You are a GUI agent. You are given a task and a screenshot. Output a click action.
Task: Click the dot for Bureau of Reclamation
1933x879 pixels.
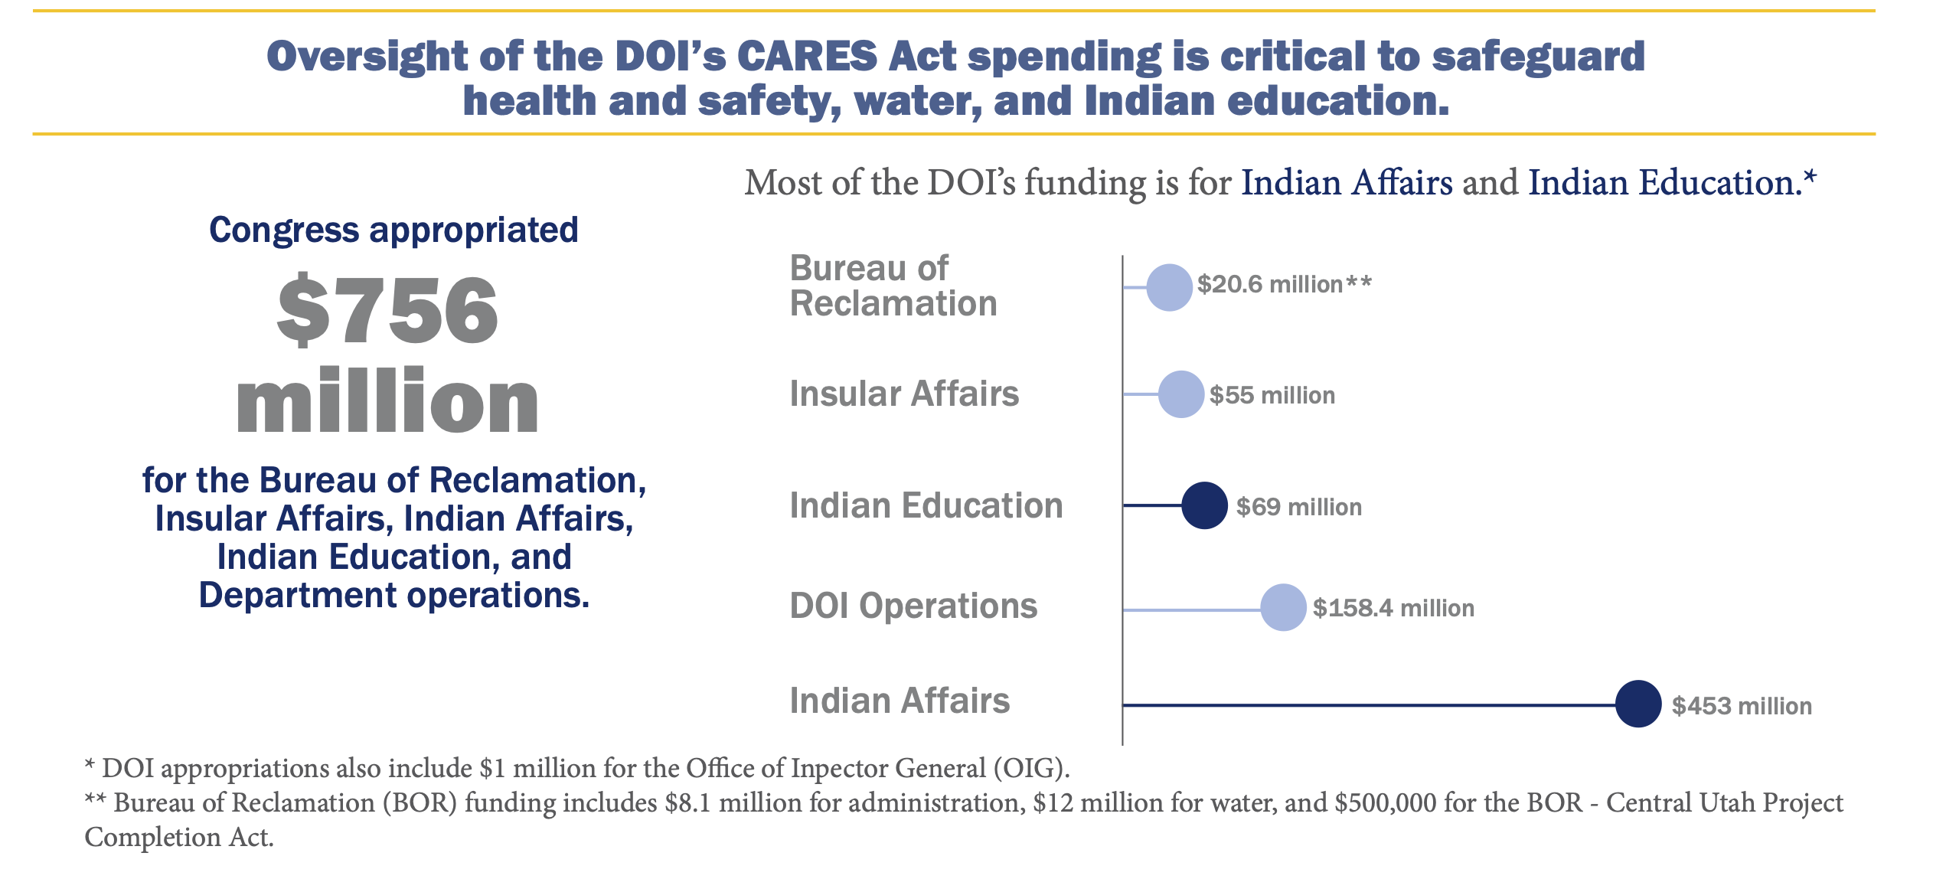(1169, 287)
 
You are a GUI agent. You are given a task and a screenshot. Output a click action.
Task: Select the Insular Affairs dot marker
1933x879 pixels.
(1181, 394)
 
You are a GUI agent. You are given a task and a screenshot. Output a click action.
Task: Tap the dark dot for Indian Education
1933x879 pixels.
(1204, 505)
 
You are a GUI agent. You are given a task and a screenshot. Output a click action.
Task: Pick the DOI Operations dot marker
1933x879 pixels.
(1283, 607)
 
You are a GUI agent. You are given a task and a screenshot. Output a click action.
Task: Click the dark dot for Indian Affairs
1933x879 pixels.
(1638, 704)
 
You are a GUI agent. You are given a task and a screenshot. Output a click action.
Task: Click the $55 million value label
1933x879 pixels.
(1272, 395)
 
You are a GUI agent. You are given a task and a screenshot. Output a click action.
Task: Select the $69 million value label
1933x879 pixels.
(1298, 507)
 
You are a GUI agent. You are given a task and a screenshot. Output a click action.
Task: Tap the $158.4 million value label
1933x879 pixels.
(1393, 608)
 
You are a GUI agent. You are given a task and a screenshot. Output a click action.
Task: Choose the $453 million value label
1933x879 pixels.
(1742, 706)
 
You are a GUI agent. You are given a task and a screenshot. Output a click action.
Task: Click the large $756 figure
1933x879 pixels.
(387, 310)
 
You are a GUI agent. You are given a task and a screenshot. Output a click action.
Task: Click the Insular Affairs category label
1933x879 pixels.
(904, 394)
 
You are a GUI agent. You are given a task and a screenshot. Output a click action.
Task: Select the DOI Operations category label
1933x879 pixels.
(913, 606)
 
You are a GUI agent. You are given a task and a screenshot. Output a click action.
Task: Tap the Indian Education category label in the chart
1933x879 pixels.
(926, 505)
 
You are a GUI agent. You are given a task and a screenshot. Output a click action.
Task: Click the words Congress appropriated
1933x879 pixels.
(393, 230)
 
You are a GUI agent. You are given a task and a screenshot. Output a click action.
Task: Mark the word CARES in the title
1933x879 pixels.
(807, 57)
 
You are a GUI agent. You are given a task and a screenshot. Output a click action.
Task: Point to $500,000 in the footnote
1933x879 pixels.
(1386, 802)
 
